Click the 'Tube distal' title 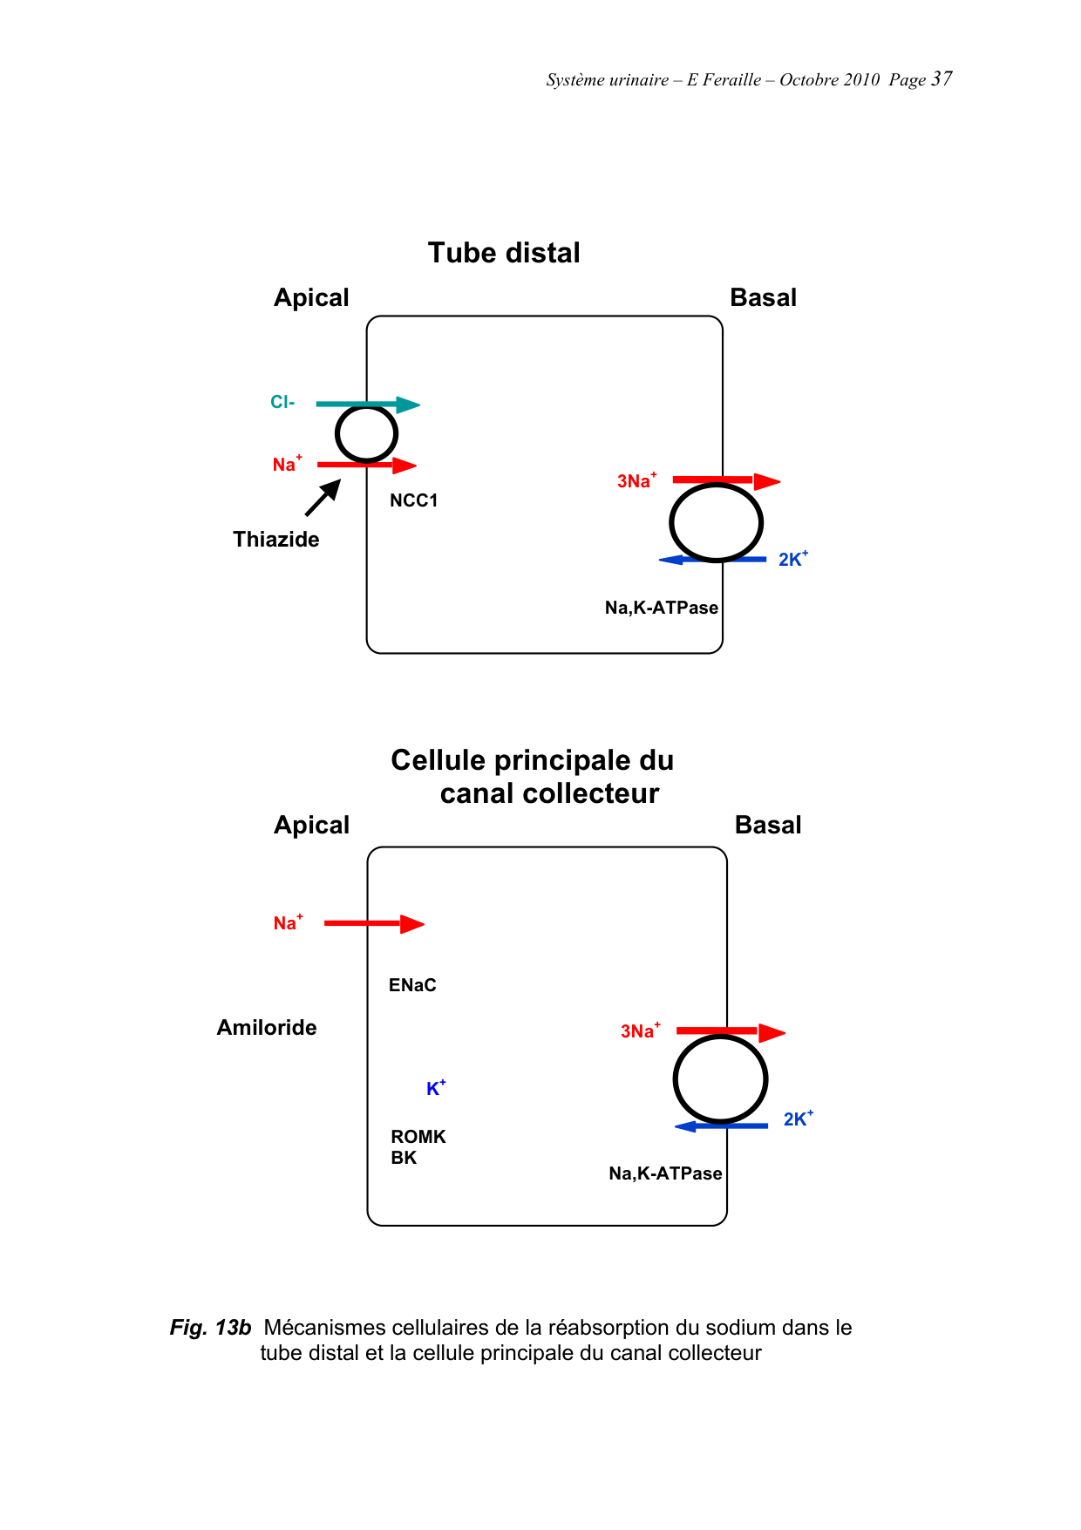pos(504,253)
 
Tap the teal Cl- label pos(282,402)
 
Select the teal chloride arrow pos(367,405)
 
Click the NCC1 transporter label pos(413,500)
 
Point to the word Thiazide pos(275,540)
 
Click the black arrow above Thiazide pos(323,498)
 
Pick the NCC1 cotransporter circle pos(367,434)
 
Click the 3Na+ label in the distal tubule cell pos(636,480)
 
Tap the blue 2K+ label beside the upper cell pos(792,559)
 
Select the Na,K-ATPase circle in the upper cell pos(716,523)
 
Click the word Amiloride pos(267,1028)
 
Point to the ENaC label pos(412,985)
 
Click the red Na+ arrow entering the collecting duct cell pos(373,924)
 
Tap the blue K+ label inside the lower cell pos(436,1088)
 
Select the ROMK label pos(418,1137)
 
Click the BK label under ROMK pos(404,1158)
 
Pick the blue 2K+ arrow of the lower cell pos(721,1126)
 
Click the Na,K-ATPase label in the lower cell pos(665,1173)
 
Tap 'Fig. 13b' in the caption pos(210,1328)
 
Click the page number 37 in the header pos(942,79)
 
